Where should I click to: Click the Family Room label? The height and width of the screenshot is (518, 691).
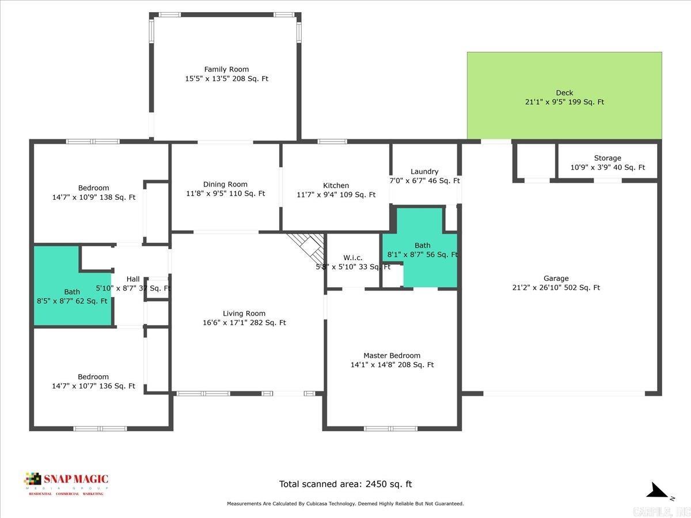(226, 74)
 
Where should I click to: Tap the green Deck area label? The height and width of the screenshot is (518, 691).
(564, 97)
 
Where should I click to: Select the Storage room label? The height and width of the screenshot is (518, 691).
(608, 163)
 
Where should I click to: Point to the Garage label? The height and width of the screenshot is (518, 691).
(556, 283)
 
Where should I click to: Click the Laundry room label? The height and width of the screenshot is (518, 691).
(424, 176)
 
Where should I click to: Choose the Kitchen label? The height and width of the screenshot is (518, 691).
(336, 190)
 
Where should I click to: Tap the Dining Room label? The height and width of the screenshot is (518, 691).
(226, 189)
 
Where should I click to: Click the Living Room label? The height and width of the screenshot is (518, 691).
(244, 318)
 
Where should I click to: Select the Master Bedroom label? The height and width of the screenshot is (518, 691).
(392, 360)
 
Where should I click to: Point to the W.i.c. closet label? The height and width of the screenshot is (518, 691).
(352, 262)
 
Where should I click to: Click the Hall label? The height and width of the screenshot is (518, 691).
(133, 284)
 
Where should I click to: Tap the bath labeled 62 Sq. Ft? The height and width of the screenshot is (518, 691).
(72, 296)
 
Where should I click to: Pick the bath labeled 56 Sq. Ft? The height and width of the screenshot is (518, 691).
(422, 250)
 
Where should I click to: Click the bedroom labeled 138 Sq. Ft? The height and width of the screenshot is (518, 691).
(93, 192)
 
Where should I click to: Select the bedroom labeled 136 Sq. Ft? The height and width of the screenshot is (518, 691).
(93, 382)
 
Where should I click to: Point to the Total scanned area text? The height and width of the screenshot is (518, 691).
(345, 484)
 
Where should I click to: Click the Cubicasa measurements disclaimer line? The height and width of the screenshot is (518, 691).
(345, 504)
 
